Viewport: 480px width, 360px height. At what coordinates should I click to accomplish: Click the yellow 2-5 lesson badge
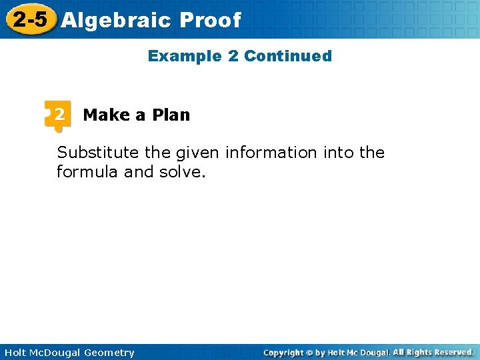click(29, 19)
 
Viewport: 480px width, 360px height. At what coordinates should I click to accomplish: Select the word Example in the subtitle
click(185, 56)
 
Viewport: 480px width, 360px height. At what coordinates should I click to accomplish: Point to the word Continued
click(288, 56)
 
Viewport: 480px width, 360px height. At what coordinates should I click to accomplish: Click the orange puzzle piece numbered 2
click(59, 115)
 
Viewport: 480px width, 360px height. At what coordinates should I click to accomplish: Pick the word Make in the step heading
click(106, 115)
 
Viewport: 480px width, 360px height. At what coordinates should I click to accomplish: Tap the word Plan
click(171, 115)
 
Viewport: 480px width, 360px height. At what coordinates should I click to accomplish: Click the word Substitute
click(99, 153)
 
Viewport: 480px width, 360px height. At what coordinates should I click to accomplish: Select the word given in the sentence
click(198, 153)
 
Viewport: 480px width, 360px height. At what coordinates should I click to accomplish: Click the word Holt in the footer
click(15, 353)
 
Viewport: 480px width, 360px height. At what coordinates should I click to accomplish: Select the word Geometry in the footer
click(109, 353)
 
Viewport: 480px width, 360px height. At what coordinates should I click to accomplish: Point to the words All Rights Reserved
click(433, 352)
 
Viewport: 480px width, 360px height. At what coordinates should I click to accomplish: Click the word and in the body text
click(139, 172)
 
